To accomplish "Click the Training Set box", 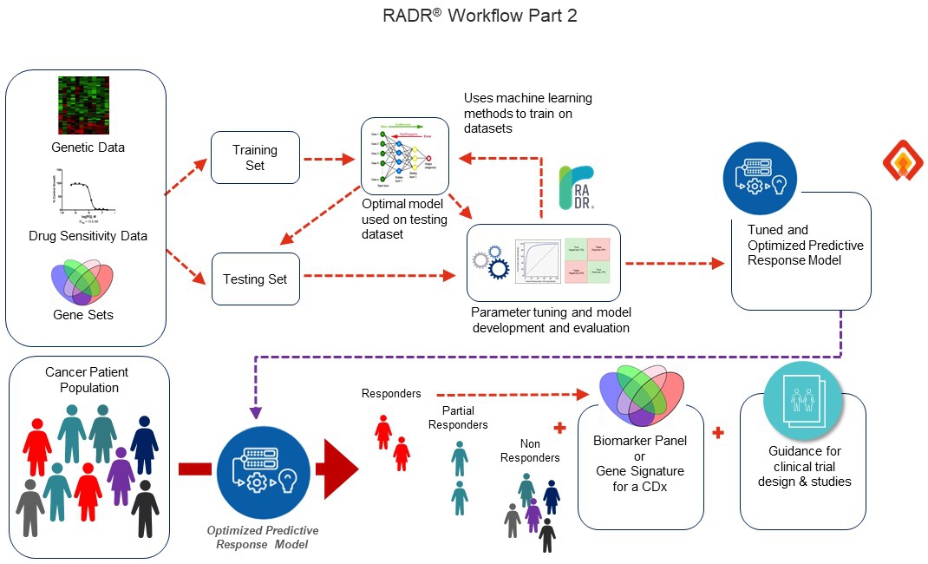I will [x=255, y=157].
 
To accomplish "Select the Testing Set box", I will [x=255, y=279].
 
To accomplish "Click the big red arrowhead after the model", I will [x=341, y=469].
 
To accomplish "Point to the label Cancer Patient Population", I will [x=86, y=379].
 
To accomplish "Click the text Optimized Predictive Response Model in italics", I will [x=262, y=537].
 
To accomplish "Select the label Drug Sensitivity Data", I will [x=88, y=236].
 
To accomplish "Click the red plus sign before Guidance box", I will [x=718, y=431].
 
